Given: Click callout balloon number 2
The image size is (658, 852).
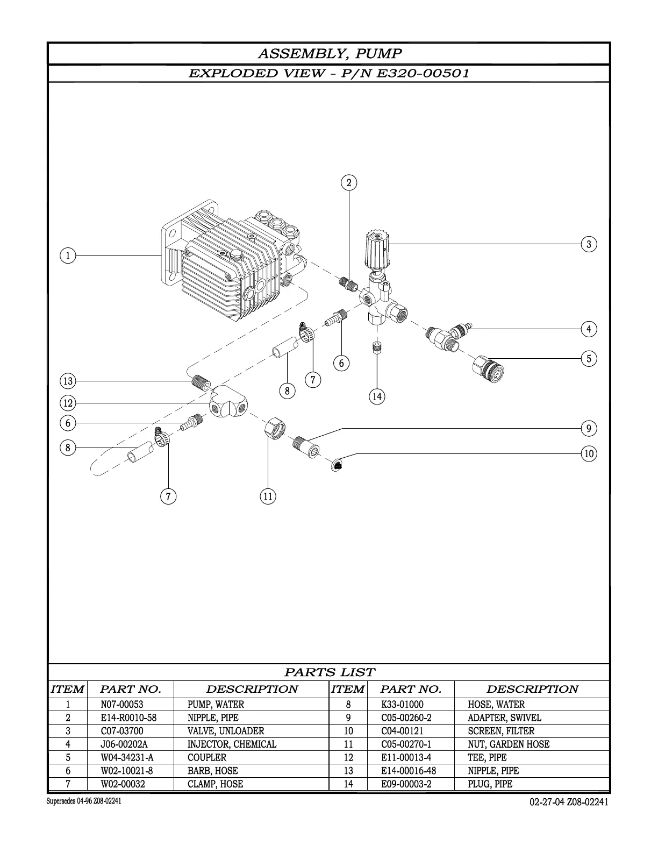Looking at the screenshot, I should (349, 183).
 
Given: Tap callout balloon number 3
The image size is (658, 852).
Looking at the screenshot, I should (589, 244).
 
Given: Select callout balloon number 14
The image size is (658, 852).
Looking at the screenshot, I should (377, 397).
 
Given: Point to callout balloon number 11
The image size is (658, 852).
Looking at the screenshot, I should (268, 496).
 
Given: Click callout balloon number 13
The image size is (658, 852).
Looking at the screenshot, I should (68, 381).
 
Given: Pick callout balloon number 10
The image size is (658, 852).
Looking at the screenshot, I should (589, 453).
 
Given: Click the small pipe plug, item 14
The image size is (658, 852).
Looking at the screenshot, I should (377, 348).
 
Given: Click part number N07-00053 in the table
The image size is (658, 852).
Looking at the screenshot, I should (122, 704).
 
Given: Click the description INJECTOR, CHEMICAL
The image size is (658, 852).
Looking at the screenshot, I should (232, 744).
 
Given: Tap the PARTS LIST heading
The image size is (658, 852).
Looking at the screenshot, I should (329, 672).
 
